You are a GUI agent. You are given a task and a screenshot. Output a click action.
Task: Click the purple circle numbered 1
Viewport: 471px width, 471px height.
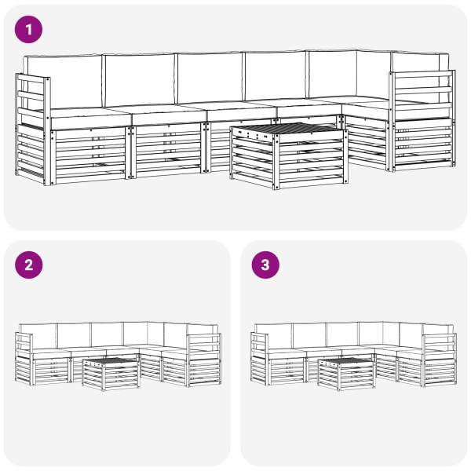[28, 30]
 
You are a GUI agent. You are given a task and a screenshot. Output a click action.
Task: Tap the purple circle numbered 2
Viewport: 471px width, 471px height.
[28, 265]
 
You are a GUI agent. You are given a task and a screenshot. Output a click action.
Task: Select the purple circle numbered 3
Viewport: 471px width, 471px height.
[265, 265]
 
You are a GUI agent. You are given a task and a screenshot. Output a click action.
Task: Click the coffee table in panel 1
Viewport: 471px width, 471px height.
[289, 155]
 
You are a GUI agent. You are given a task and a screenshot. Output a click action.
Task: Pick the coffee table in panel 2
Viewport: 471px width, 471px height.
[111, 374]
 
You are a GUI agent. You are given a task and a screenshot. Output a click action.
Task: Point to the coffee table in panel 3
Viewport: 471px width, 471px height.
[347, 374]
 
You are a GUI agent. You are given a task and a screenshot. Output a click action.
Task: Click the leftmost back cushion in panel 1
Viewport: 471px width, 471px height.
[63, 81]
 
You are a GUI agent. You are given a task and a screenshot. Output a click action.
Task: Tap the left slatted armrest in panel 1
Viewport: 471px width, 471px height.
[33, 130]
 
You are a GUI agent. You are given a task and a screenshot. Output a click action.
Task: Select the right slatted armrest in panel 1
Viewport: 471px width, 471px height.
[422, 121]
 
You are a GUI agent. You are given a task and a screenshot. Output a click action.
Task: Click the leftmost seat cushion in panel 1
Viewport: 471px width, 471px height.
[90, 118]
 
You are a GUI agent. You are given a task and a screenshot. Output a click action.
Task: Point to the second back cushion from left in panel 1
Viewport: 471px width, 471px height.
[140, 79]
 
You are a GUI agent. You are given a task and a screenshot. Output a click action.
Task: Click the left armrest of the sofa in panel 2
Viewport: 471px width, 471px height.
[24, 359]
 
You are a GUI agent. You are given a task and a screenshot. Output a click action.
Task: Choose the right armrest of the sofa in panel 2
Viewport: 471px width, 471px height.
[204, 360]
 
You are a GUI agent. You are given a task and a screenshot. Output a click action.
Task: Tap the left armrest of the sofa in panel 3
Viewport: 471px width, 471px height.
[259, 359]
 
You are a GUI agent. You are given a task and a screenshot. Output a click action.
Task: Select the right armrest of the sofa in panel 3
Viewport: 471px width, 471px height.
[440, 360]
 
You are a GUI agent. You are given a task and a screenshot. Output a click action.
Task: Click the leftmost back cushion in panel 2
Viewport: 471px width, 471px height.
[38, 337]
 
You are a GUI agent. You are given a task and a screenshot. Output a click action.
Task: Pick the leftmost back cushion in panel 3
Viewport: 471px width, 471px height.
[274, 337]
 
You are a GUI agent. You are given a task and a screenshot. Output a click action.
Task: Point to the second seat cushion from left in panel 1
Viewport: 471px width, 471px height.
[169, 114]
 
